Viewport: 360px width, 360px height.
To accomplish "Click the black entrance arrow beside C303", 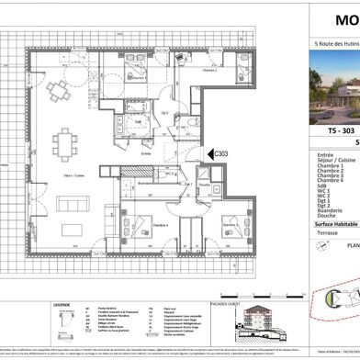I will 208,154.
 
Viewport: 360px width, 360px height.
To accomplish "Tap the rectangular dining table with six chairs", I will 65,142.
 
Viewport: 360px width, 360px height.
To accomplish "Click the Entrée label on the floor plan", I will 145,154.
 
